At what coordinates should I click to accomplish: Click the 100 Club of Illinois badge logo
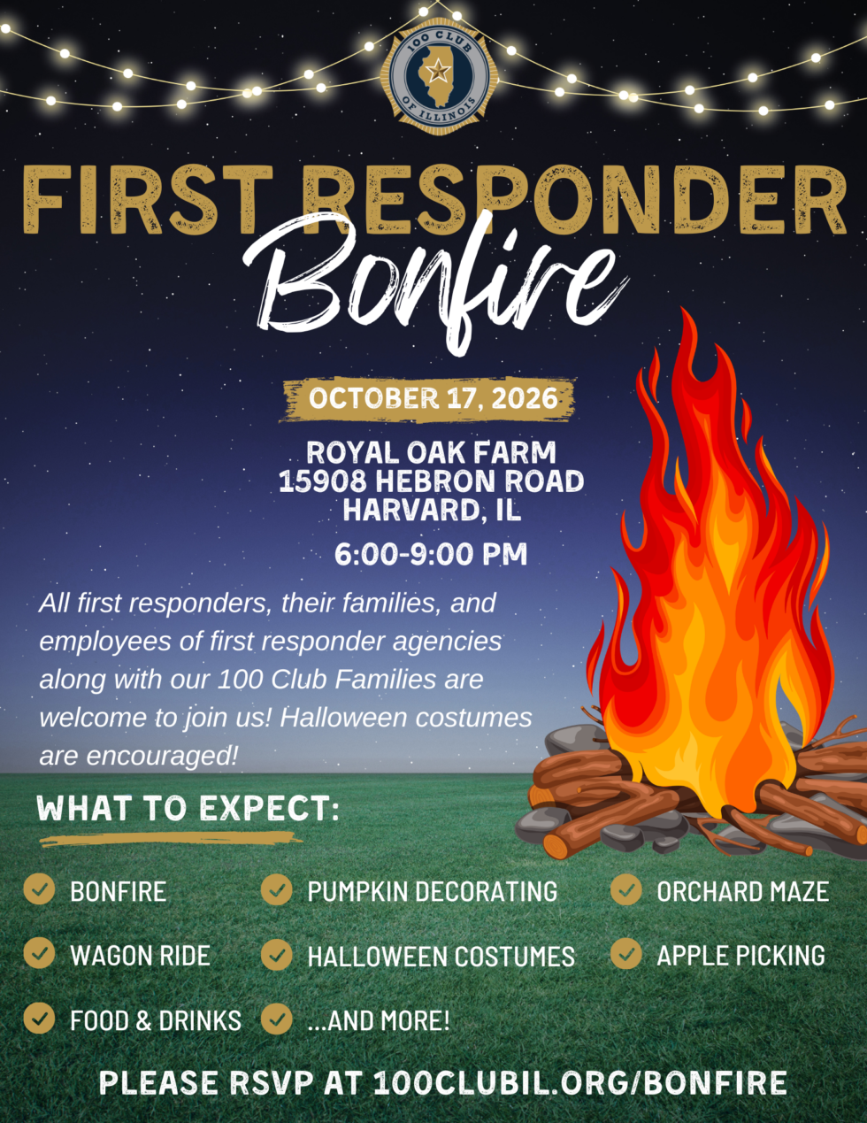pyautogui.click(x=439, y=76)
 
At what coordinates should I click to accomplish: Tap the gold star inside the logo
pyautogui.click(x=438, y=70)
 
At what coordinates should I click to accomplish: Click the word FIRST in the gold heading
pyautogui.click(x=148, y=200)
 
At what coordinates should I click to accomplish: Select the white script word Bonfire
pyautogui.click(x=434, y=281)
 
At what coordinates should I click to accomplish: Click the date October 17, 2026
pyautogui.click(x=433, y=398)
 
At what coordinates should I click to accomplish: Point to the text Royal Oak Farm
pyautogui.click(x=432, y=452)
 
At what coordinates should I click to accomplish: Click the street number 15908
pyautogui.click(x=323, y=481)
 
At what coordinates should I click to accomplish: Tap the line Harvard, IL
pyautogui.click(x=432, y=511)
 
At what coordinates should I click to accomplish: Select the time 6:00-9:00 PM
pyautogui.click(x=431, y=555)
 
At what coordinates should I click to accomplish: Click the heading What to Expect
pyautogui.click(x=188, y=808)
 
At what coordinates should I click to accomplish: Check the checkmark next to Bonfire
pyautogui.click(x=39, y=888)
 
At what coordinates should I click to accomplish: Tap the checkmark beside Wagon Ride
pyautogui.click(x=39, y=953)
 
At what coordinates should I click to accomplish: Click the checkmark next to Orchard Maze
pyautogui.click(x=626, y=889)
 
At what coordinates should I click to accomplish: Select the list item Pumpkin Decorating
pyautogui.click(x=433, y=891)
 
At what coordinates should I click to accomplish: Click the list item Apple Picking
pyautogui.click(x=740, y=956)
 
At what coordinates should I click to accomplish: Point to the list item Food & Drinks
pyautogui.click(x=156, y=1020)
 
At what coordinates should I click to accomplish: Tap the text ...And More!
pyautogui.click(x=379, y=1020)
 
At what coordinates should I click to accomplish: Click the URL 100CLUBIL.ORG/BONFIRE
pyautogui.click(x=580, y=1082)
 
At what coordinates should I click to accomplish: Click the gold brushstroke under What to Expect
pyautogui.click(x=171, y=839)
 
